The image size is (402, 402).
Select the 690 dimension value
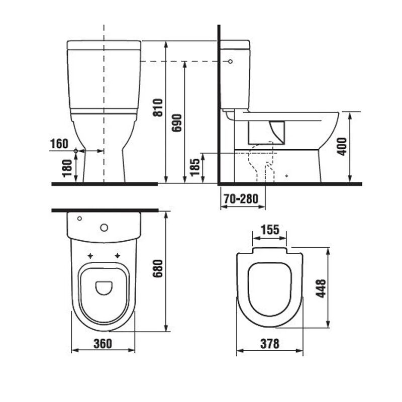coord(177,123)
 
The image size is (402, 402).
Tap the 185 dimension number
coord(194,166)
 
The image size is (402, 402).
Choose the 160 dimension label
coord(59,144)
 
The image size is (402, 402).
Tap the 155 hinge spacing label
coord(269,230)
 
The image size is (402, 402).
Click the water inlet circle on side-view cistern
coord(230,61)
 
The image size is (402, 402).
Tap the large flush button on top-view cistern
coord(104,228)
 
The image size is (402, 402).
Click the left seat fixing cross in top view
coord(90,255)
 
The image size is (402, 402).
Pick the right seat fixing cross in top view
coord(118,255)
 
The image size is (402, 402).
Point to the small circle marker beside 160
coord(76,151)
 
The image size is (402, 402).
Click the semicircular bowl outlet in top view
coord(104,287)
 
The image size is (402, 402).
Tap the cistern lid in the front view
coord(104,45)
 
